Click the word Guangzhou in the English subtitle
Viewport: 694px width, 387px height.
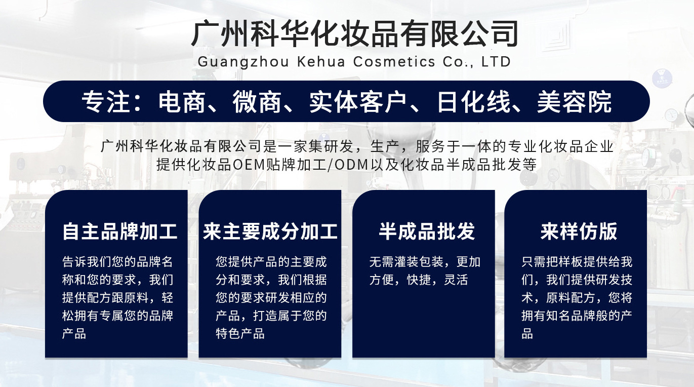point(243,62)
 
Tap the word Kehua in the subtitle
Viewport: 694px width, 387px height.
point(321,61)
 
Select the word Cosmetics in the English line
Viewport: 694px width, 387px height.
point(394,61)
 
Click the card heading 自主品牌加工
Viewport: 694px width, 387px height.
point(120,231)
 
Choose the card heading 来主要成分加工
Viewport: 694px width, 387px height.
point(270,231)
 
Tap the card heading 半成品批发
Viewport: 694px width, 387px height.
point(427,231)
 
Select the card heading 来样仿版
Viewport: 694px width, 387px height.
point(579,231)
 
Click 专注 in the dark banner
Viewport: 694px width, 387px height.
point(106,102)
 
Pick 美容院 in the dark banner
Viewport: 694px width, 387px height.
point(574,102)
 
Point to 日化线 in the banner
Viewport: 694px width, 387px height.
point(474,102)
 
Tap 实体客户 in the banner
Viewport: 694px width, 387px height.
point(358,102)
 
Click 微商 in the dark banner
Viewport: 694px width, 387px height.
point(257,102)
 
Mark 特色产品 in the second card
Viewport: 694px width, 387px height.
point(240,334)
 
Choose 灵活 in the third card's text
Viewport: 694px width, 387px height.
point(456,280)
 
